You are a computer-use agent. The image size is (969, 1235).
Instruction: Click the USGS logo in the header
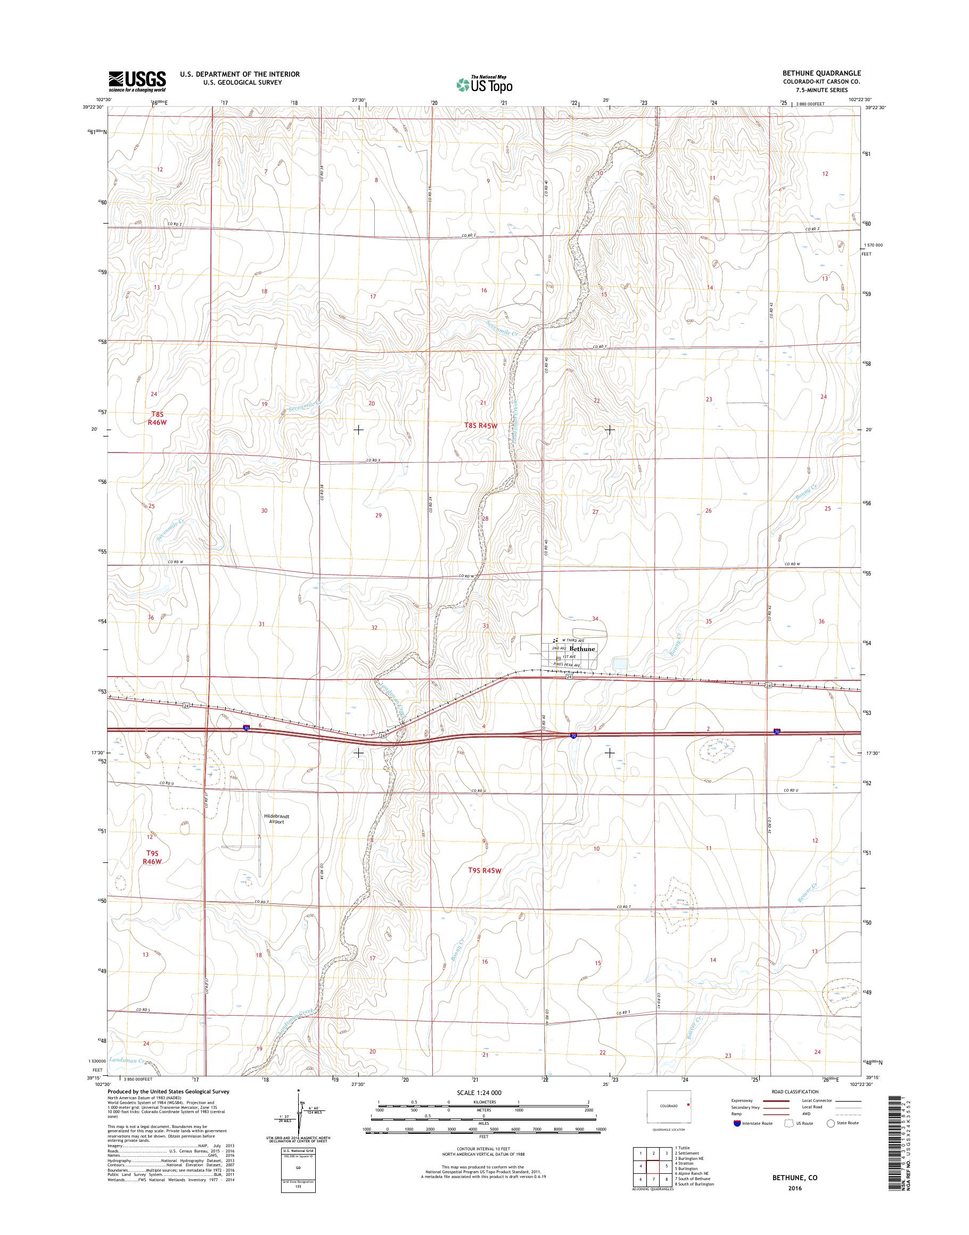(137, 81)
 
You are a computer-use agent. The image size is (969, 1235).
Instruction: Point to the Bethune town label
(582, 648)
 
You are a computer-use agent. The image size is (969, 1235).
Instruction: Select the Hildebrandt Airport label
(277, 819)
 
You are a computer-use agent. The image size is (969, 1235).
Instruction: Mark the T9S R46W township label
(152, 857)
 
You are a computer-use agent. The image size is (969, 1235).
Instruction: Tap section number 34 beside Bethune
(595, 619)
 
